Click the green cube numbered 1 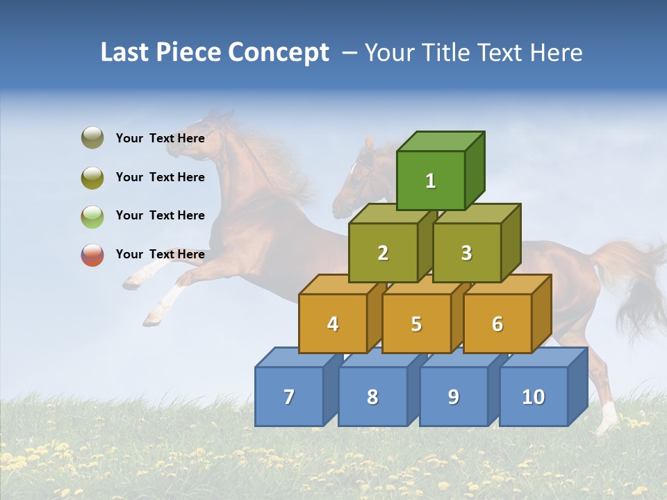tap(431, 181)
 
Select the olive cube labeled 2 tap(383, 253)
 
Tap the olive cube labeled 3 tap(466, 253)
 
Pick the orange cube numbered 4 tap(333, 324)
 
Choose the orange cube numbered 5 tap(416, 324)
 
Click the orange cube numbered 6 tap(497, 324)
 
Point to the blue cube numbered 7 tap(289, 397)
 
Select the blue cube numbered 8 tap(372, 397)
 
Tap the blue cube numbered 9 tap(454, 397)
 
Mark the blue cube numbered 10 tap(534, 397)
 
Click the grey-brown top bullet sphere tap(92, 138)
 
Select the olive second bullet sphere tap(92, 177)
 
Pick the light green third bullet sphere tap(92, 216)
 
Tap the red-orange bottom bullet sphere tap(92, 255)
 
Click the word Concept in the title tap(279, 53)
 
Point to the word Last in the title tap(126, 53)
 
